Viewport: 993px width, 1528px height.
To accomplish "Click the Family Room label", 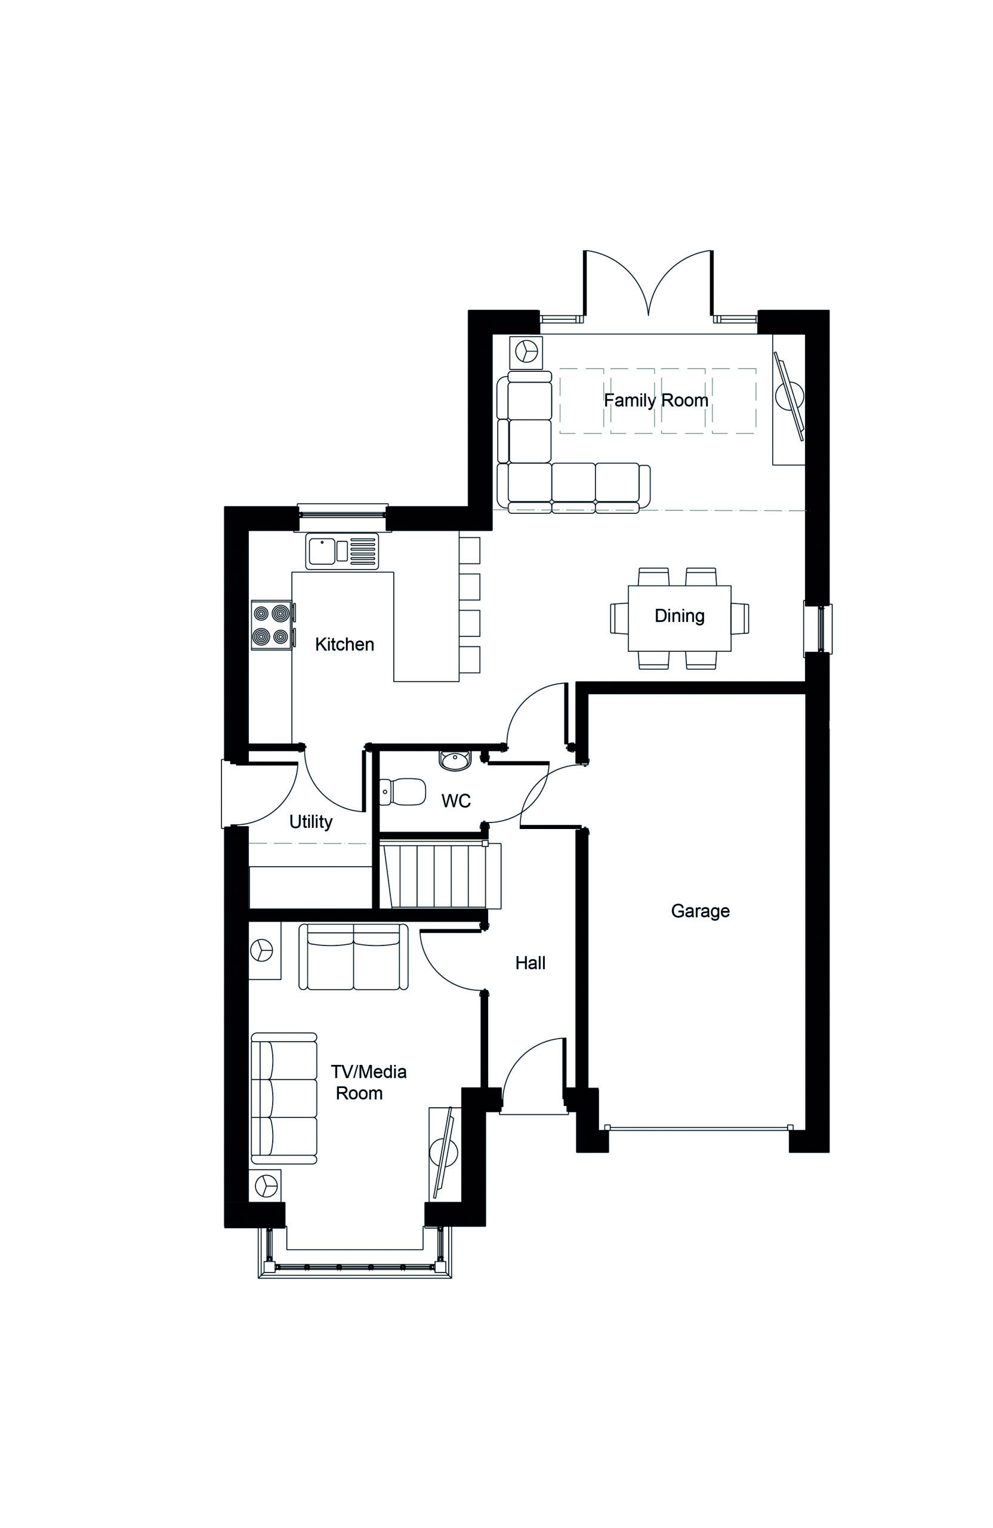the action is (x=655, y=401).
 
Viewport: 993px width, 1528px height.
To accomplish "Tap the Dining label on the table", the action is (x=679, y=616).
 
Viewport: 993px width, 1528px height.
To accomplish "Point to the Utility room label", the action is (x=311, y=822).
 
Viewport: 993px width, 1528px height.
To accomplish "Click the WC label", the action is (x=456, y=800).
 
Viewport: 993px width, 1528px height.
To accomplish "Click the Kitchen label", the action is (x=344, y=644).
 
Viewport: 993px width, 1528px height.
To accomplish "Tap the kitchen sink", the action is (x=343, y=551).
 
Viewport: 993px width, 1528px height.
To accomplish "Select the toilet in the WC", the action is (x=402, y=791).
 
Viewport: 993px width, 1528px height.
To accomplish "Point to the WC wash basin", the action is (x=455, y=760).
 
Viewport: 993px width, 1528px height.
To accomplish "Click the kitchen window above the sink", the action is (x=343, y=510).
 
